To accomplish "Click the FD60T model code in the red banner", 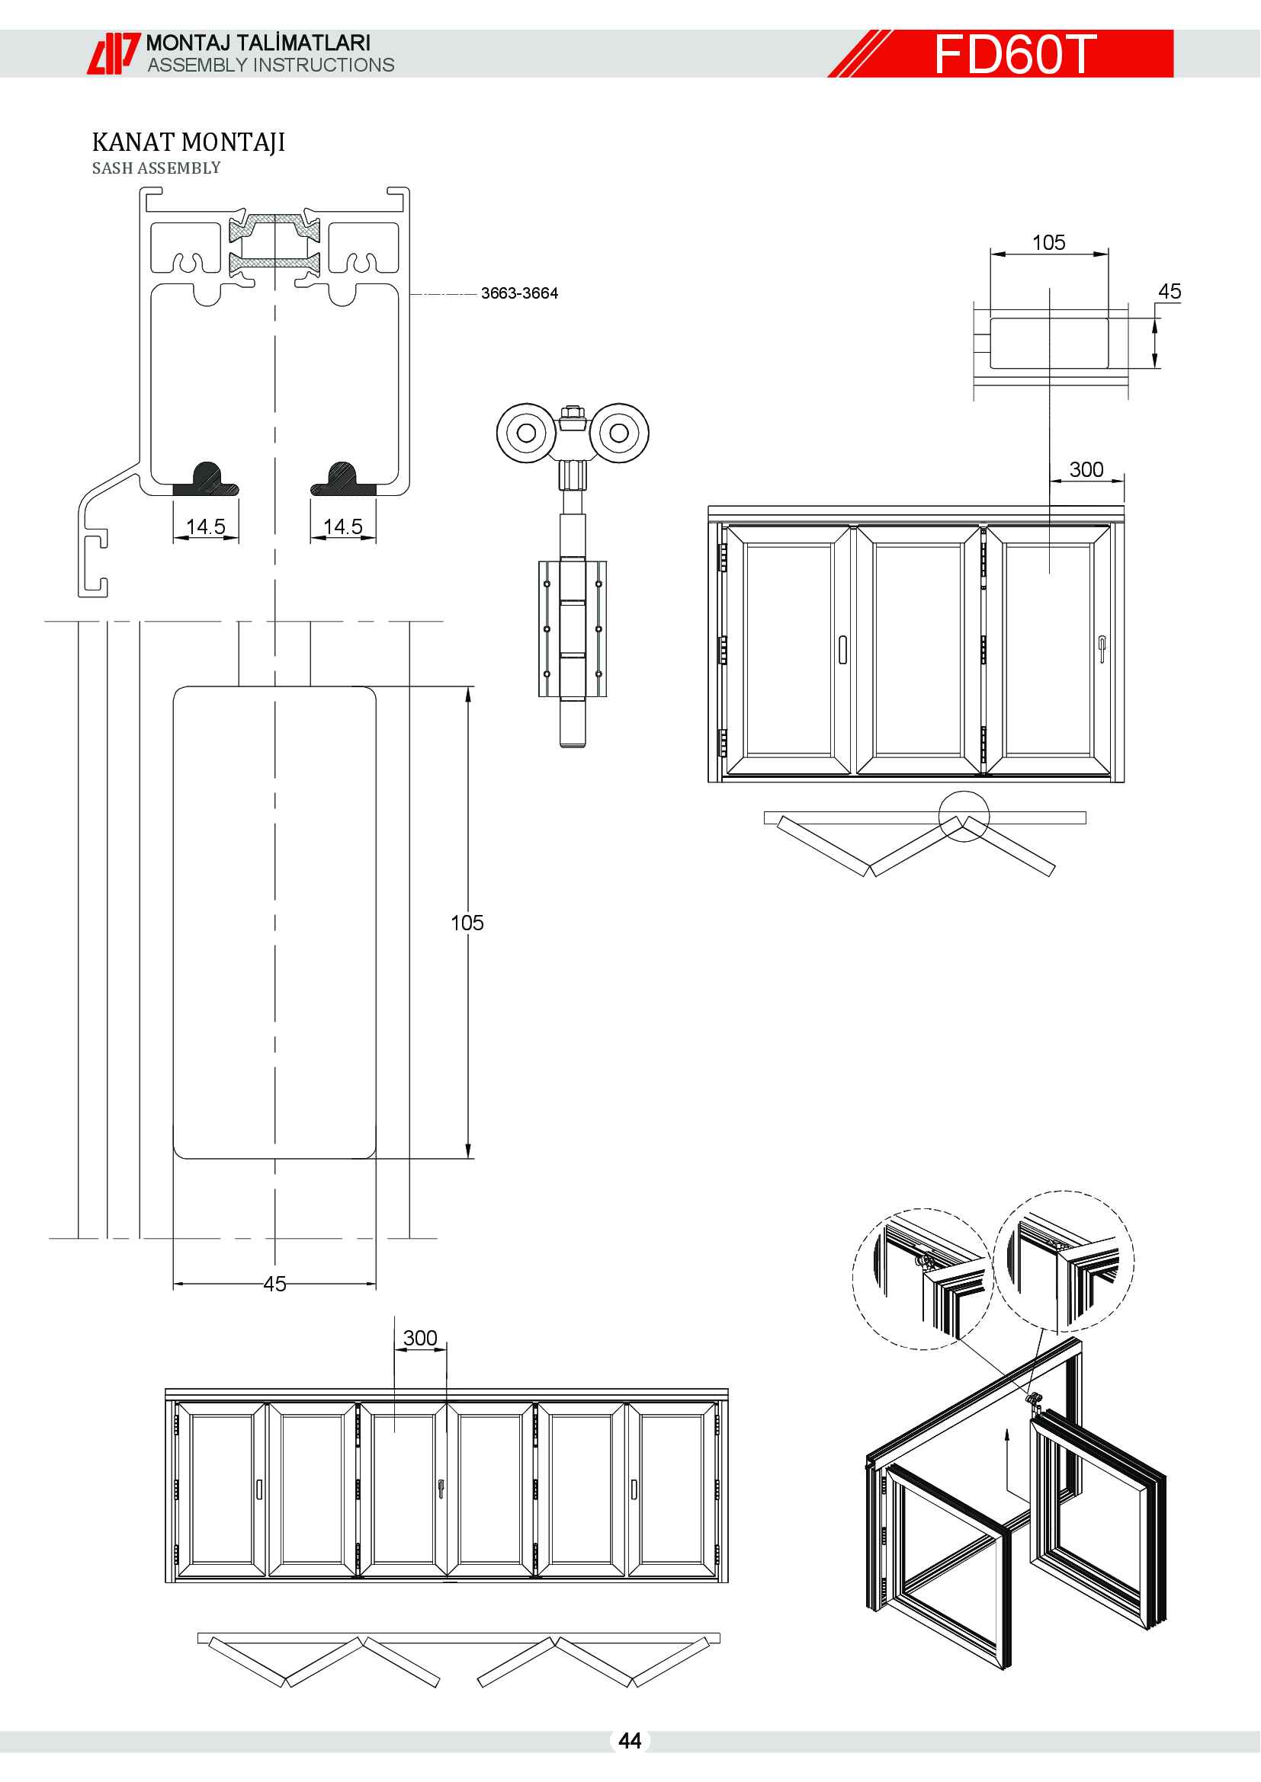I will click(x=1015, y=54).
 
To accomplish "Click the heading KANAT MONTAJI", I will click(x=188, y=142).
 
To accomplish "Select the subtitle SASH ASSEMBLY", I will click(x=156, y=168).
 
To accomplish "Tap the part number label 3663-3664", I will click(x=518, y=293).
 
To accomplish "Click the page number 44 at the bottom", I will click(x=630, y=1741).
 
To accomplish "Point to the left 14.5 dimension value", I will click(x=206, y=526).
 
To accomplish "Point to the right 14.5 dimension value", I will click(x=342, y=526).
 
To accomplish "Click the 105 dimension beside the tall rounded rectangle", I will click(x=467, y=923).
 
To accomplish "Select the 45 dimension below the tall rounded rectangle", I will click(x=275, y=1285).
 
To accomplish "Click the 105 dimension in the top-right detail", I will click(x=1048, y=243).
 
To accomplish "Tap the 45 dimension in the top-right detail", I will click(x=1170, y=292).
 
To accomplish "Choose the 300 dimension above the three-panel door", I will click(x=1086, y=469).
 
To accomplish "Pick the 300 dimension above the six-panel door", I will click(x=420, y=1338).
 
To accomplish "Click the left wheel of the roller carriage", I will click(x=526, y=433).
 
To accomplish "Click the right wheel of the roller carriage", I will click(x=620, y=433).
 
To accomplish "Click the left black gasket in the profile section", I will click(x=206, y=480).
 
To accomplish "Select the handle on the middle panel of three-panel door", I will click(x=842, y=650).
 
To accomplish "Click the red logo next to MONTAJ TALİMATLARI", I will click(x=114, y=53).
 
